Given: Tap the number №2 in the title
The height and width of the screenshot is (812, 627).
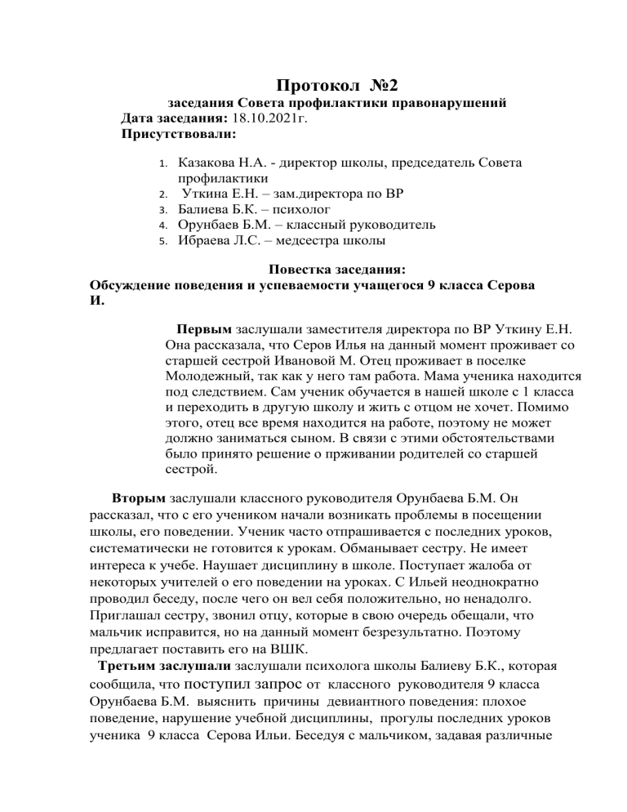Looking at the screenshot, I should [x=380, y=83].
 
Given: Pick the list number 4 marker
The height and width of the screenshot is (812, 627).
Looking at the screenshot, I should [x=162, y=224].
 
